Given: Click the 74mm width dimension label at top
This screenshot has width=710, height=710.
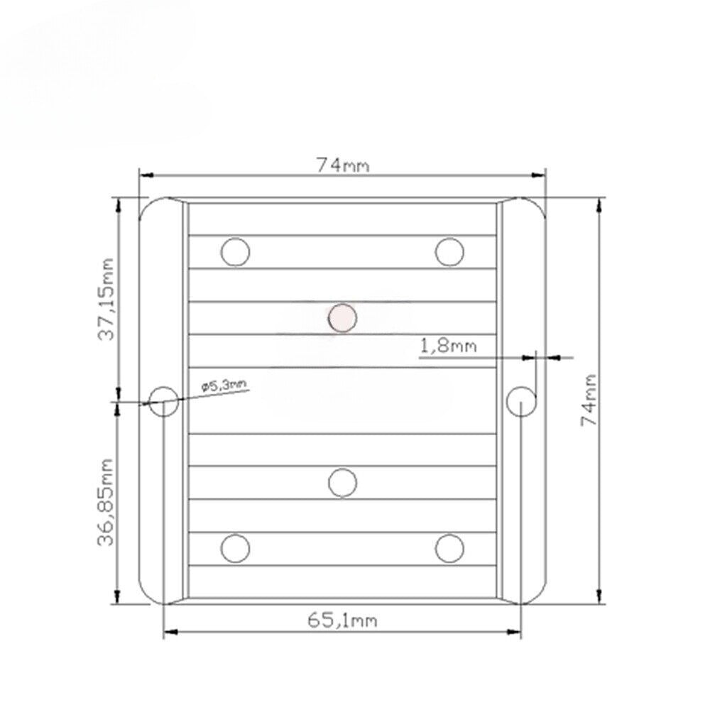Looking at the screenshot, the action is [343, 165].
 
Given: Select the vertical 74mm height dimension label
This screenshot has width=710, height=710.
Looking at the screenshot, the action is [589, 400].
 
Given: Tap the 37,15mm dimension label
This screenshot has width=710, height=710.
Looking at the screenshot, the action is [106, 299].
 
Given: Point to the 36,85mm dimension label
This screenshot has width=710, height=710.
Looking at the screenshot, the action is [106, 502].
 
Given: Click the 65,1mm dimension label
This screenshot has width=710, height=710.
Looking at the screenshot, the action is [342, 620].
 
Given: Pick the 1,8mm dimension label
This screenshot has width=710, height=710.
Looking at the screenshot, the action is [448, 346].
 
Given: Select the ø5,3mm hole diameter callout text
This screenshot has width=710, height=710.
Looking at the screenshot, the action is [224, 386].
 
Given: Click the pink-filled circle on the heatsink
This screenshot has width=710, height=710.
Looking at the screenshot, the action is [342, 318].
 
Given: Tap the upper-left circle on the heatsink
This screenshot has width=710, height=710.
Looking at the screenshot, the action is [236, 252].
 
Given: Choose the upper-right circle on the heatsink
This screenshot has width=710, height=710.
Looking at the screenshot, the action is [449, 252].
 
